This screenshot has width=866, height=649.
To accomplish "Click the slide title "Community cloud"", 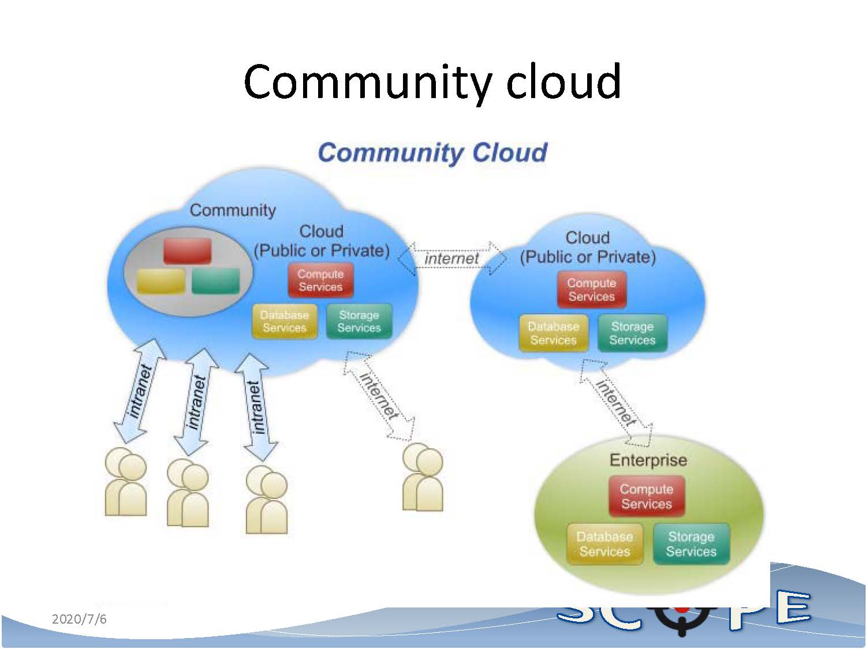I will coord(432,82).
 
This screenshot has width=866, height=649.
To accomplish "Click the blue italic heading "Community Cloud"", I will coord(432,153).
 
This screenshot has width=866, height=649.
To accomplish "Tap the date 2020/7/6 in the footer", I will coord(79,619).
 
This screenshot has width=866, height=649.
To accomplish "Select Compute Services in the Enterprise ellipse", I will coord(646,496).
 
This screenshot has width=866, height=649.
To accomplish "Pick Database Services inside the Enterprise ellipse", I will coord(604,543).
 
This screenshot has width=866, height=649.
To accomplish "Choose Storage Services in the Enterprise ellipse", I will coord(691,543).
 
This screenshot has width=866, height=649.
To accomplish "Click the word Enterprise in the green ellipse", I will coord(648,460).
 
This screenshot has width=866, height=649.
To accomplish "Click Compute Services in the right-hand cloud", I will coord(591,290).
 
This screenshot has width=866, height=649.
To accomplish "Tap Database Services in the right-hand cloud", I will coord(553,333).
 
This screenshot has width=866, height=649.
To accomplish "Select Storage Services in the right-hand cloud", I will coord(632,333).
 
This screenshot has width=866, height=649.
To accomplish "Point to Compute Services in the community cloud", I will coord(320,280).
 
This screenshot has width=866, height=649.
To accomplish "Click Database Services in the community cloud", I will coord(284,321).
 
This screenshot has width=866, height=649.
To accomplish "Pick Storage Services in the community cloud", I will coord(359,321).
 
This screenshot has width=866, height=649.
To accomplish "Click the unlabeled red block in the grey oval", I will coord(187,251).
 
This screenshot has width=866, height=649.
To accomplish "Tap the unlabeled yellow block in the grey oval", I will coord(161,281).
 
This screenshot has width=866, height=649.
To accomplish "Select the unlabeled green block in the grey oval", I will coord(215,281).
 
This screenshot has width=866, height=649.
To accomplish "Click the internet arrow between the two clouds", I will coord(451,258).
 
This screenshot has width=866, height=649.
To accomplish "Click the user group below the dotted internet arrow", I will coord(423,477).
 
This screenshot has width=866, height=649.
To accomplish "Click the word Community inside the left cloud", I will coord(233,211).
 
